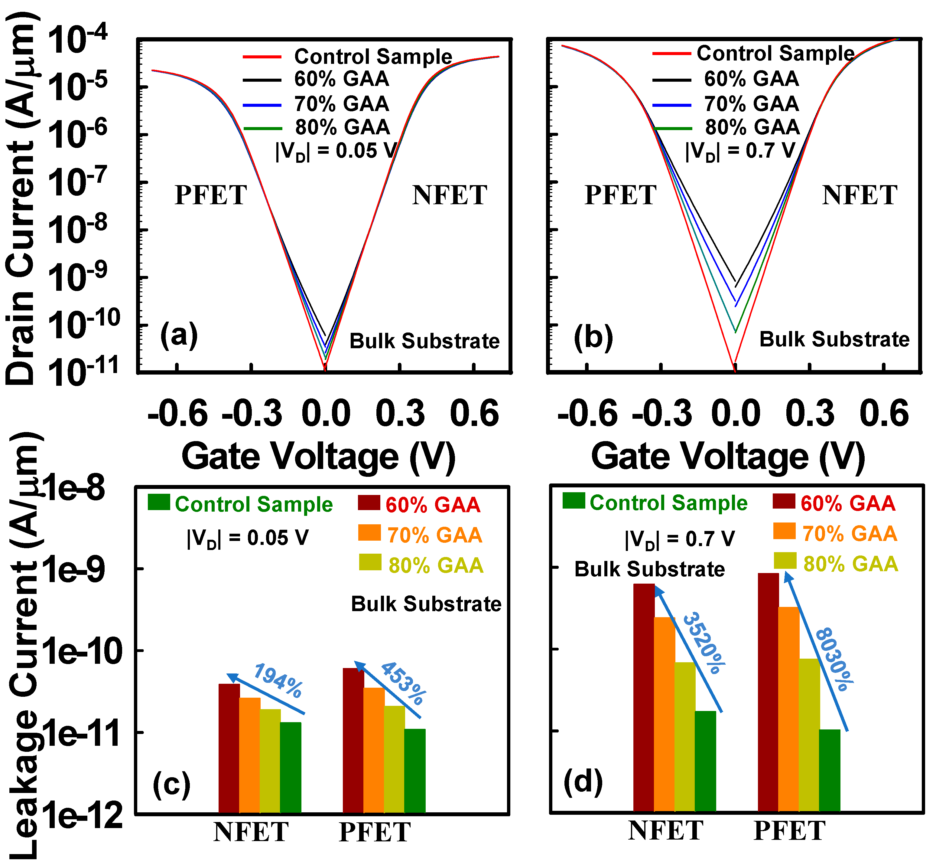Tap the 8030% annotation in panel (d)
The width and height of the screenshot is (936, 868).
(x=834, y=660)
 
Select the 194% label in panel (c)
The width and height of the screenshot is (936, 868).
(x=278, y=681)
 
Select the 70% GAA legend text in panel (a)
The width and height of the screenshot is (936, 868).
(x=342, y=104)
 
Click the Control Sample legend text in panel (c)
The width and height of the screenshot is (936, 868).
(x=254, y=504)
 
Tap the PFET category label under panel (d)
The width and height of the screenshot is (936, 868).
(x=789, y=831)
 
